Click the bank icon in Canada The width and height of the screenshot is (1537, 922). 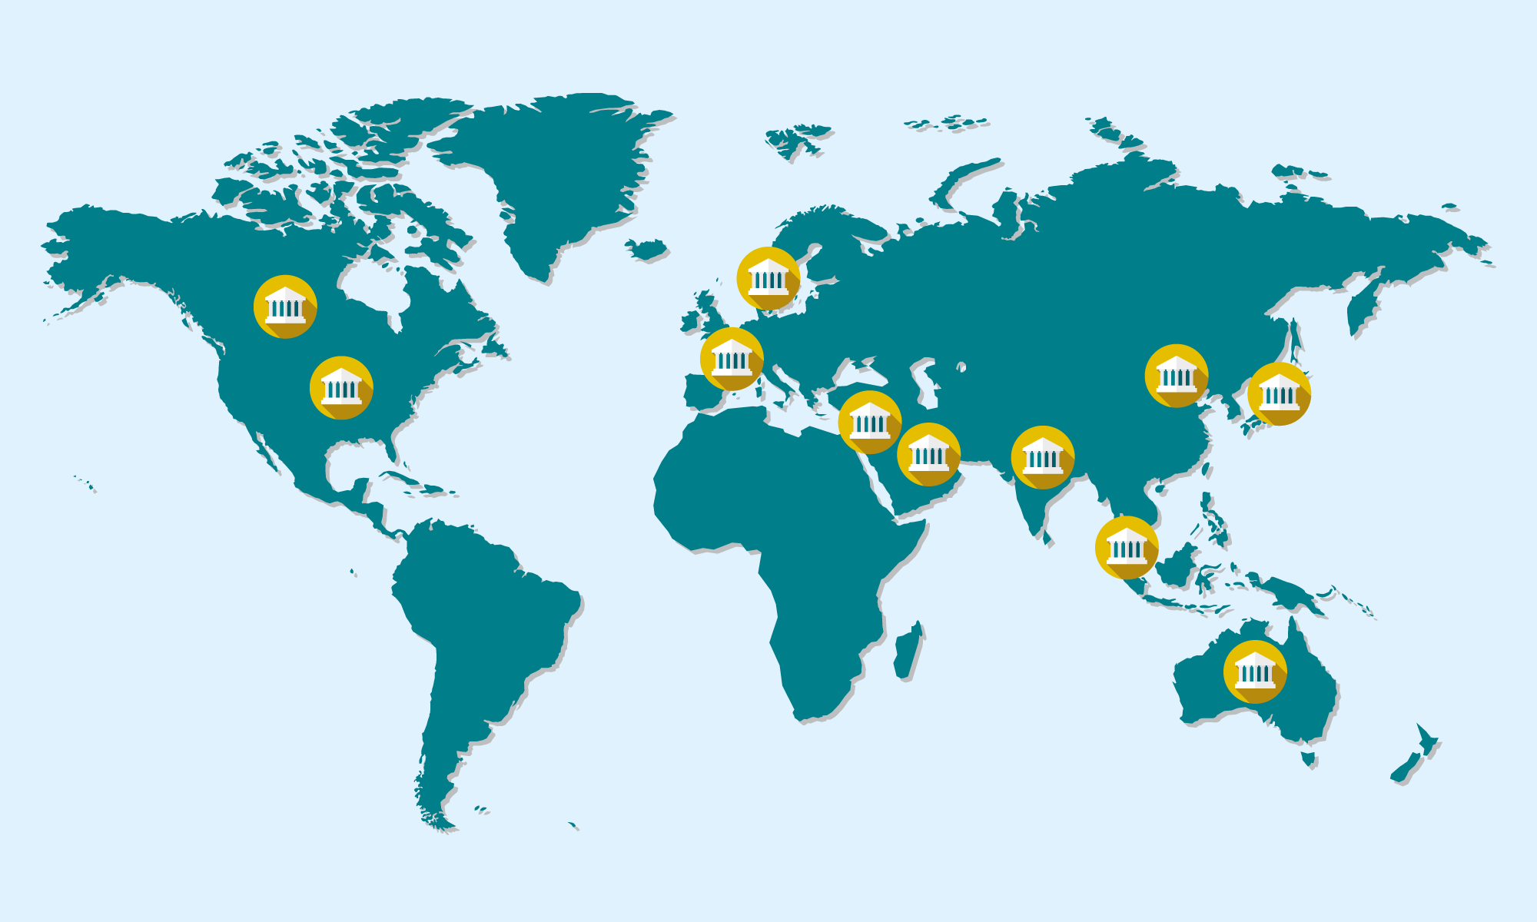285,307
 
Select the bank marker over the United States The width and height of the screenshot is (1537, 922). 341,388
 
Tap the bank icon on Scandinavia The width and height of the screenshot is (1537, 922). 768,278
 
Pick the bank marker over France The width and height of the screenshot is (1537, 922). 732,359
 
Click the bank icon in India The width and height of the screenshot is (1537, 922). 1043,457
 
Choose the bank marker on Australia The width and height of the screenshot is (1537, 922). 1255,672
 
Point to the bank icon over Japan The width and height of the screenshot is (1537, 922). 1279,394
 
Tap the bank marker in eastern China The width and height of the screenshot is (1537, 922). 1177,376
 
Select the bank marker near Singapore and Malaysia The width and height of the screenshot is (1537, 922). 1127,548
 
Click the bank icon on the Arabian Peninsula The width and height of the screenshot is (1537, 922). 929,455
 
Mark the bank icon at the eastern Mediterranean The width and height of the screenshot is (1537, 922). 870,423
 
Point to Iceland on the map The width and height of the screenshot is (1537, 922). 646,249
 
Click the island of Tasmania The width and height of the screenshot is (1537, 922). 1308,759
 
